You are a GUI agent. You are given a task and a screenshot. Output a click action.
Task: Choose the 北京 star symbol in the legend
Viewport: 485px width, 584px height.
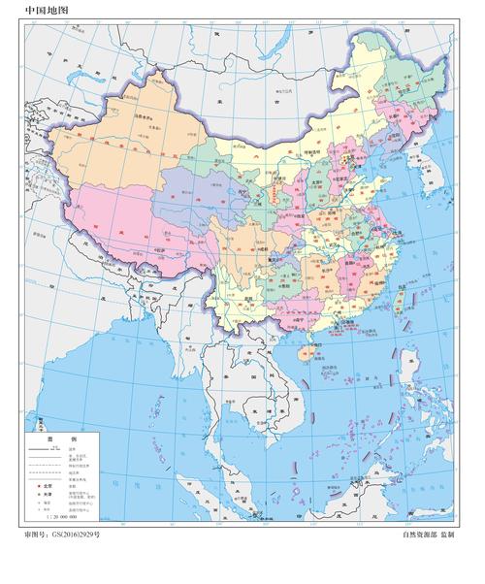[38, 482]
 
